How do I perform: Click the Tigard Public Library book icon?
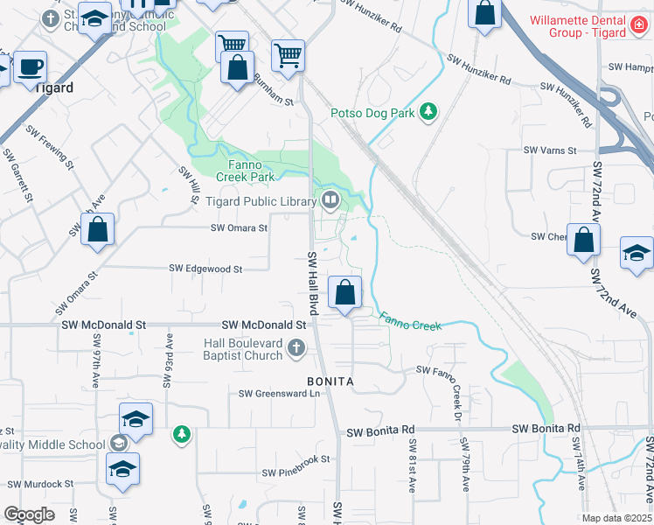point(330,201)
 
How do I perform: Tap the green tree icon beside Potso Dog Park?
point(428,111)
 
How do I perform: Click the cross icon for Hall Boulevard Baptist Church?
point(296,349)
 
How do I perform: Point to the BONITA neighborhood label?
point(330,382)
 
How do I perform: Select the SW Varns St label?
point(550,150)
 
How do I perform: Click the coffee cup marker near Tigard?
point(31,67)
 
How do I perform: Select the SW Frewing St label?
point(50,145)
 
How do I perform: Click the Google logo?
point(29,514)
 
